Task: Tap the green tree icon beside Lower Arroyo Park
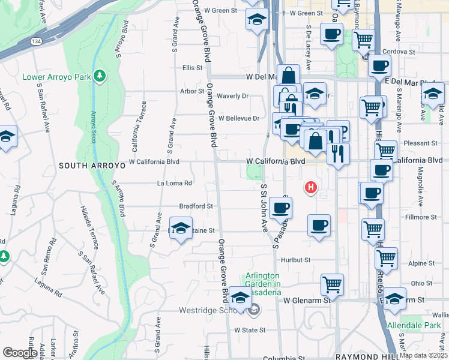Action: point(100,77)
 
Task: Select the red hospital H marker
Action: point(310,188)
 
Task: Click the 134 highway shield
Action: point(36,41)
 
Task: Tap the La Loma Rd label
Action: point(174,183)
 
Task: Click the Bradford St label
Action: point(196,206)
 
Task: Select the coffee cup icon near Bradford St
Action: point(280,208)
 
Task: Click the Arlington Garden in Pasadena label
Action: point(263,284)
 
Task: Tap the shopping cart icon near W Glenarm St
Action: point(332,283)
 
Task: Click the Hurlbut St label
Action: point(295,260)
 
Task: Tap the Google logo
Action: point(20,353)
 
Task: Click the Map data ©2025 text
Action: point(423,355)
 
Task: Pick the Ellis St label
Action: point(192,68)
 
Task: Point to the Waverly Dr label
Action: point(232,96)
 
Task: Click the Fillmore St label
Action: point(420,217)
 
